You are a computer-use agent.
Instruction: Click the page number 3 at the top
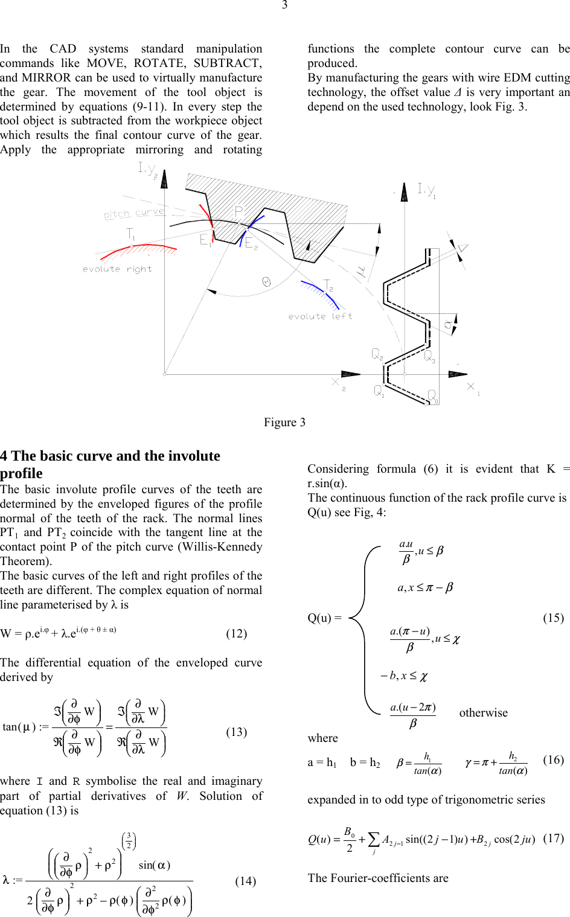point(284,5)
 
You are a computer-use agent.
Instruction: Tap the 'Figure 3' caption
point(284,422)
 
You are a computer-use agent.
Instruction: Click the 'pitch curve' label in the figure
point(133,213)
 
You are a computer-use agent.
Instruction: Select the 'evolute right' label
point(117,269)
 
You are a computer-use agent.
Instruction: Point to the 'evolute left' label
point(320,316)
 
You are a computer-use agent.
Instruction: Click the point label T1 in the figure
point(131,234)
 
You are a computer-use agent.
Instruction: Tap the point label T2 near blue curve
point(328,285)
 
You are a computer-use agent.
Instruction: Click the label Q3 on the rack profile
point(429,357)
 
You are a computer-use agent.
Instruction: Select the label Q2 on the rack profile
point(377,354)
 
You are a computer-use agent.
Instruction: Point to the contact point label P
point(239,211)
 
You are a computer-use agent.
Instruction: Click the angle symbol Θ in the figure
point(266,281)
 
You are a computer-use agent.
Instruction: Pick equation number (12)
point(236,633)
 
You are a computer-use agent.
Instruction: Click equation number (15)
point(553,618)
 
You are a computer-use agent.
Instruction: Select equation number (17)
point(553,838)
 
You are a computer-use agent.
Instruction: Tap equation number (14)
point(245,881)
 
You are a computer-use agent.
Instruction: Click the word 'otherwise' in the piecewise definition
point(483,712)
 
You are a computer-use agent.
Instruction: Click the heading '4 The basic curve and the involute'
point(110,456)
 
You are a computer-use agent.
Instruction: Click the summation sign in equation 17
point(374,840)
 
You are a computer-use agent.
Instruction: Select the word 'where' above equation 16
point(322,738)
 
